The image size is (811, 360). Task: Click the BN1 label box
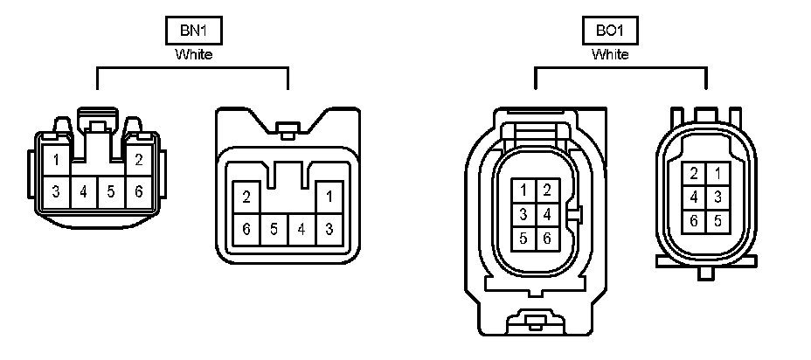point(193,31)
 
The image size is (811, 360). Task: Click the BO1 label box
point(610,31)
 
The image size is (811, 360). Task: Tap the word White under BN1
point(193,54)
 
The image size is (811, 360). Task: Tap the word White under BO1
point(610,54)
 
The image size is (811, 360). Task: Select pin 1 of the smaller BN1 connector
point(56,160)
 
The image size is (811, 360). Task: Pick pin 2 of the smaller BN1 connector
point(139,160)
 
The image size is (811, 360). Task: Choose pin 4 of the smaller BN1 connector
point(84,191)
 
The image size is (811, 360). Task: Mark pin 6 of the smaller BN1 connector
point(139,191)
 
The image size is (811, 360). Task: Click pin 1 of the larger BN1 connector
point(329,197)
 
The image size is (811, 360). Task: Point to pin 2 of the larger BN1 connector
point(246,197)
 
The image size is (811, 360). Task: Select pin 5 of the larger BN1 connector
point(274,229)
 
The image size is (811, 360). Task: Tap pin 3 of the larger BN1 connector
point(329,229)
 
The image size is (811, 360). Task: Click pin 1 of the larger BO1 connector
point(523,190)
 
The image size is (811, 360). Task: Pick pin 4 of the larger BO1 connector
point(547,213)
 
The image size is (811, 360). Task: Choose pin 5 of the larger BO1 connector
point(523,237)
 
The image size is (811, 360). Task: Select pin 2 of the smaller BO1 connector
point(693,173)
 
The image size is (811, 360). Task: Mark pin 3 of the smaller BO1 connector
point(717,197)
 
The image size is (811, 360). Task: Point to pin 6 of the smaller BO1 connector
point(693,220)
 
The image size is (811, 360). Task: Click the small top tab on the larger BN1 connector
point(285,131)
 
